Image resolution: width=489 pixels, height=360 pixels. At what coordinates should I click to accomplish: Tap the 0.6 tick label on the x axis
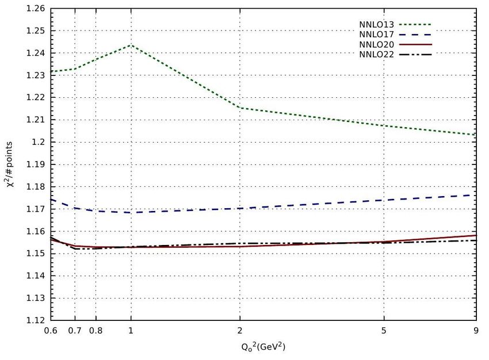pyautogui.click(x=51, y=331)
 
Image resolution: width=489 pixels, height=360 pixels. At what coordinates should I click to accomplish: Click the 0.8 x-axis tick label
pyautogui.click(x=95, y=331)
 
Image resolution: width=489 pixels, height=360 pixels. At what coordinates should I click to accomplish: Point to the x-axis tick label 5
pyautogui.click(x=383, y=331)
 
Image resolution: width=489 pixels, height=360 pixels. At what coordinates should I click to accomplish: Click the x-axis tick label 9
pyautogui.click(x=476, y=331)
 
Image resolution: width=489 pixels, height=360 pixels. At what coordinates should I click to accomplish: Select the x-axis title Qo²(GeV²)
pyautogui.click(x=263, y=347)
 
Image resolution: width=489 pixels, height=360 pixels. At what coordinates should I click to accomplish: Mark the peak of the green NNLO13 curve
pyautogui.click(x=131, y=45)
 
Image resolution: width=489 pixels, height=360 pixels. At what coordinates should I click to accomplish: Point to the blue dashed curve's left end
pyautogui.click(x=51, y=200)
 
